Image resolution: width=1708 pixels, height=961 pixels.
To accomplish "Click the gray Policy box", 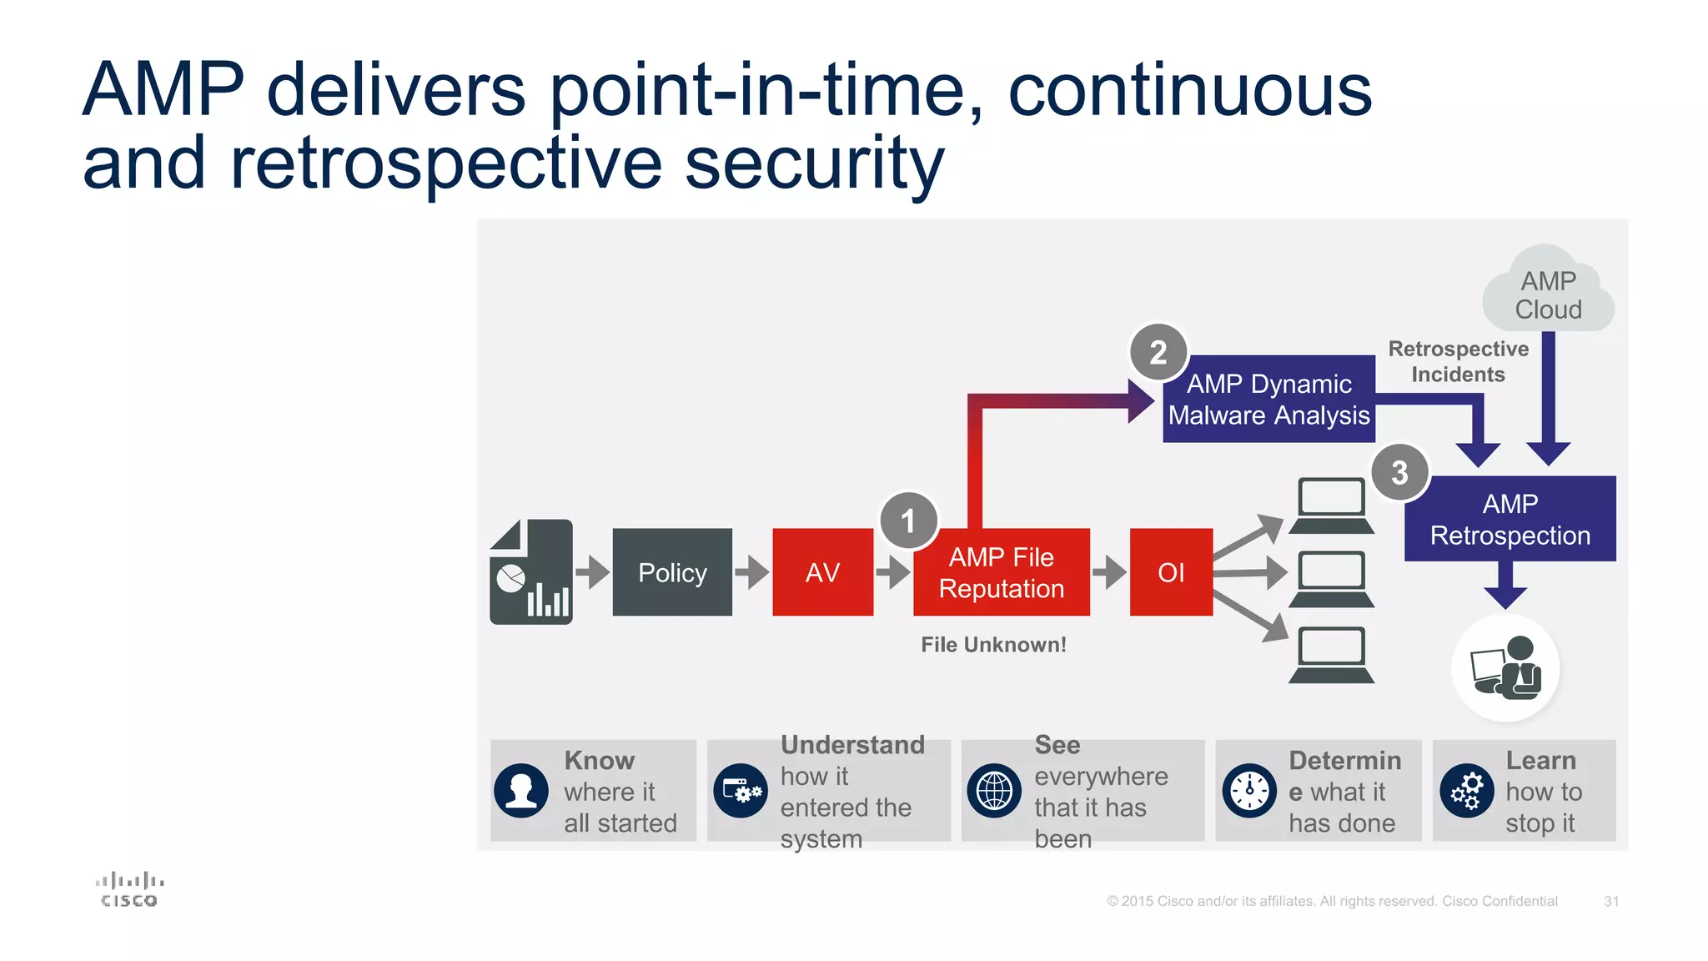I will (x=672, y=572).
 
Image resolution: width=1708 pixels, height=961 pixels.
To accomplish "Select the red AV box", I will (x=822, y=572).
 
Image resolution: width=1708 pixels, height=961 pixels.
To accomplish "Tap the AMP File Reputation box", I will (x=1001, y=572).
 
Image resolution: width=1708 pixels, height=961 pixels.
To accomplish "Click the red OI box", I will (x=1171, y=572).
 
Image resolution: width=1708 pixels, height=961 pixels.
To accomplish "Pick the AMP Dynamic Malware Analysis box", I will (x=1268, y=400).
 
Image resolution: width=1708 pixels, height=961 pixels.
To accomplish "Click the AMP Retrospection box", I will (x=1510, y=519).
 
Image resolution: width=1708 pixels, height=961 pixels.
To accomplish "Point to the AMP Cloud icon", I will (x=1548, y=292).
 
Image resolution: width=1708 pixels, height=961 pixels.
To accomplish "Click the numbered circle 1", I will (x=908, y=521).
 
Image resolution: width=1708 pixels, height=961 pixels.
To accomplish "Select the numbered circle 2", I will (x=1158, y=352).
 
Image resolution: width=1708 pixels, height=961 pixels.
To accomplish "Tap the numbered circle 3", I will (x=1399, y=472).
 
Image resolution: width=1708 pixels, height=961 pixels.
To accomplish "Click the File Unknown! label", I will (x=993, y=645).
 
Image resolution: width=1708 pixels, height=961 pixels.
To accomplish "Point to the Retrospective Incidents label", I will (x=1458, y=361).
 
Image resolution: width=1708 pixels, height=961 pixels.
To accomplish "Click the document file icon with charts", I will (x=532, y=572).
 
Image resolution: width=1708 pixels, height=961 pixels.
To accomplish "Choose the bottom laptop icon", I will (x=1331, y=656).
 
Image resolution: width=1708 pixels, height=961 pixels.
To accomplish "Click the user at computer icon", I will (x=1505, y=667).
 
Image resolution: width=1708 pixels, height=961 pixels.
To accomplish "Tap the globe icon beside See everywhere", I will (x=994, y=791).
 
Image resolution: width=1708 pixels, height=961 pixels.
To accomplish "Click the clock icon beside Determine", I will (x=1249, y=791).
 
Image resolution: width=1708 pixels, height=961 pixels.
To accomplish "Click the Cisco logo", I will (x=129, y=889).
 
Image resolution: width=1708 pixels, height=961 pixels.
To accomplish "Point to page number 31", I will (x=1611, y=901).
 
